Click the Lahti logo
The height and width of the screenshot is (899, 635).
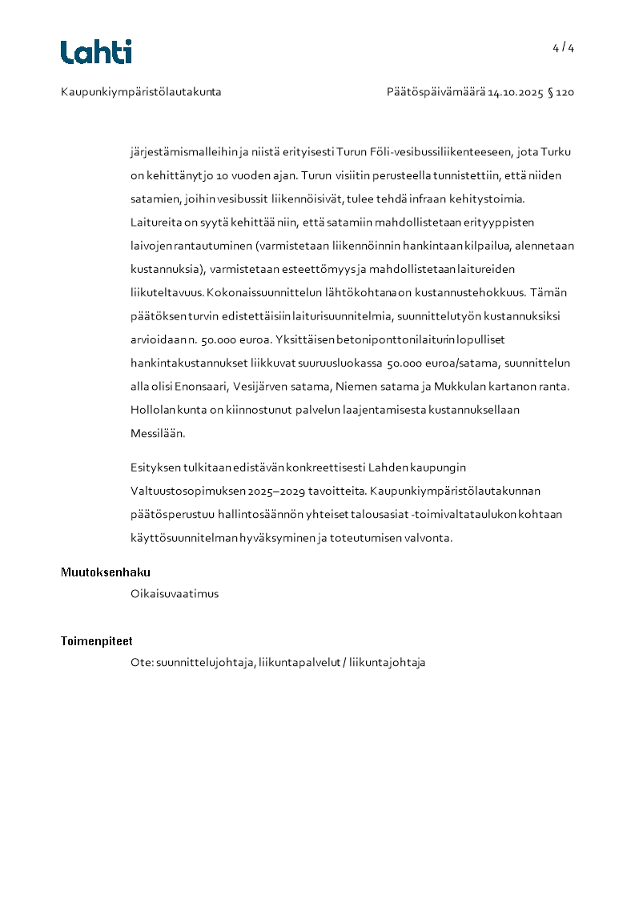(96, 52)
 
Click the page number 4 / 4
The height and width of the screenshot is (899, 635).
(563, 48)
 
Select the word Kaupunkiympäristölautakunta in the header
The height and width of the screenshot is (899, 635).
(141, 92)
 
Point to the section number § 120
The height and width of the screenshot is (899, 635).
(561, 92)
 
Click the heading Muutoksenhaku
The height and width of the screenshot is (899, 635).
(106, 572)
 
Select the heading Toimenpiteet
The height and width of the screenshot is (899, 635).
(97, 641)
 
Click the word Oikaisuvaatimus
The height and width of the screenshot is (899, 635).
(175, 594)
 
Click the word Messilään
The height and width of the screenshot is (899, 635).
(158, 433)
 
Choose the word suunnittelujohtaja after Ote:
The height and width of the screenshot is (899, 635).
(206, 663)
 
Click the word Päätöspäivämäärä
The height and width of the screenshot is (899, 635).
(436, 92)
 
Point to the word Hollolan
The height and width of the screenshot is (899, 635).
(151, 410)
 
